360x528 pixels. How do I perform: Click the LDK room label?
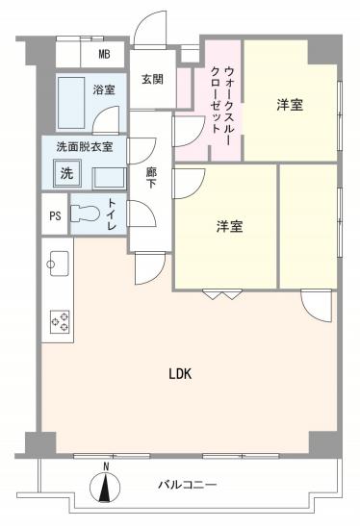[180, 373]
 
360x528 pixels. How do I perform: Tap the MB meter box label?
[104, 54]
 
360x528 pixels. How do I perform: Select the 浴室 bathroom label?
[103, 90]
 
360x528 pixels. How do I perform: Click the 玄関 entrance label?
[151, 80]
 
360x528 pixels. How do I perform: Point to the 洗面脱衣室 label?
[84, 147]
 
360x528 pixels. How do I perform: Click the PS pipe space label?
[55, 215]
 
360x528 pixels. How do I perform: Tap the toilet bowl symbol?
[85, 214]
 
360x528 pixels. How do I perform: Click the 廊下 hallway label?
[151, 179]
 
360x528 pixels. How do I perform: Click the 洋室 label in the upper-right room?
[290, 104]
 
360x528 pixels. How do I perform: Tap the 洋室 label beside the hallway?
[228, 227]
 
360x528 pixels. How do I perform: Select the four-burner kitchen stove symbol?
[59, 320]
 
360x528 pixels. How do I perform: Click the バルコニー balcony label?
[188, 485]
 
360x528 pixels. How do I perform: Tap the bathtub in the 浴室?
[71, 103]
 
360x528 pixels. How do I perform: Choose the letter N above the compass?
[106, 467]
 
